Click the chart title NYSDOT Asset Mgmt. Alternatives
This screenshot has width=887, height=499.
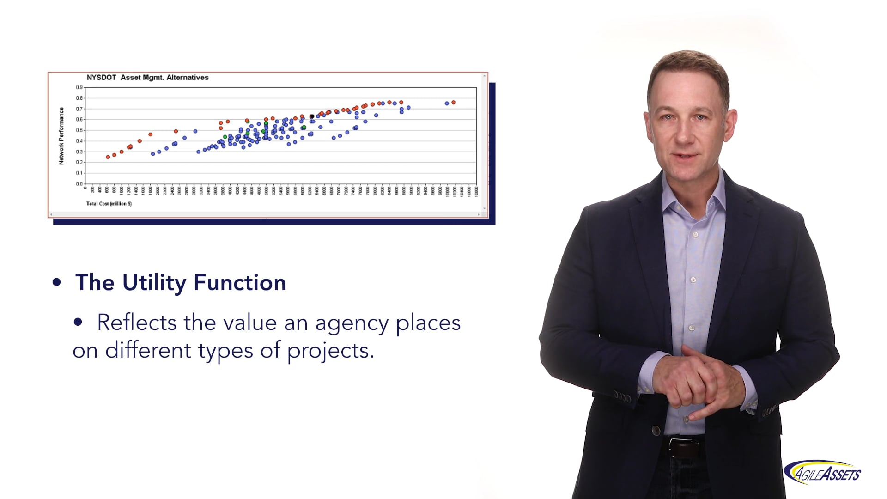click(x=147, y=78)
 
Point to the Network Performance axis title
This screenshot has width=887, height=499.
click(x=61, y=136)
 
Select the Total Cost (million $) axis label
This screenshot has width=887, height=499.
click(x=109, y=204)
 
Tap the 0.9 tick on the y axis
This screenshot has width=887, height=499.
click(x=79, y=87)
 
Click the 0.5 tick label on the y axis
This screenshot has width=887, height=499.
click(x=79, y=130)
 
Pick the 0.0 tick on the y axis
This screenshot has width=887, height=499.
click(x=79, y=184)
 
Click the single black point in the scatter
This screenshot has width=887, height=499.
click(x=312, y=116)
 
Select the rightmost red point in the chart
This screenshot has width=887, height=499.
click(x=453, y=102)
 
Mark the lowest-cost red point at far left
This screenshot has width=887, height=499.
click(x=108, y=157)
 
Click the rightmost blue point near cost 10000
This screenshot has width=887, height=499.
click(x=447, y=103)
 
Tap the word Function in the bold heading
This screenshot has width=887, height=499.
click(x=240, y=283)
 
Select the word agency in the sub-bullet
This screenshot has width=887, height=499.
click(x=352, y=323)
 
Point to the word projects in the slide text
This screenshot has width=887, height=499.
click(x=330, y=351)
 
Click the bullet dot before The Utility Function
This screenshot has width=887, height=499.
click(x=56, y=282)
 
